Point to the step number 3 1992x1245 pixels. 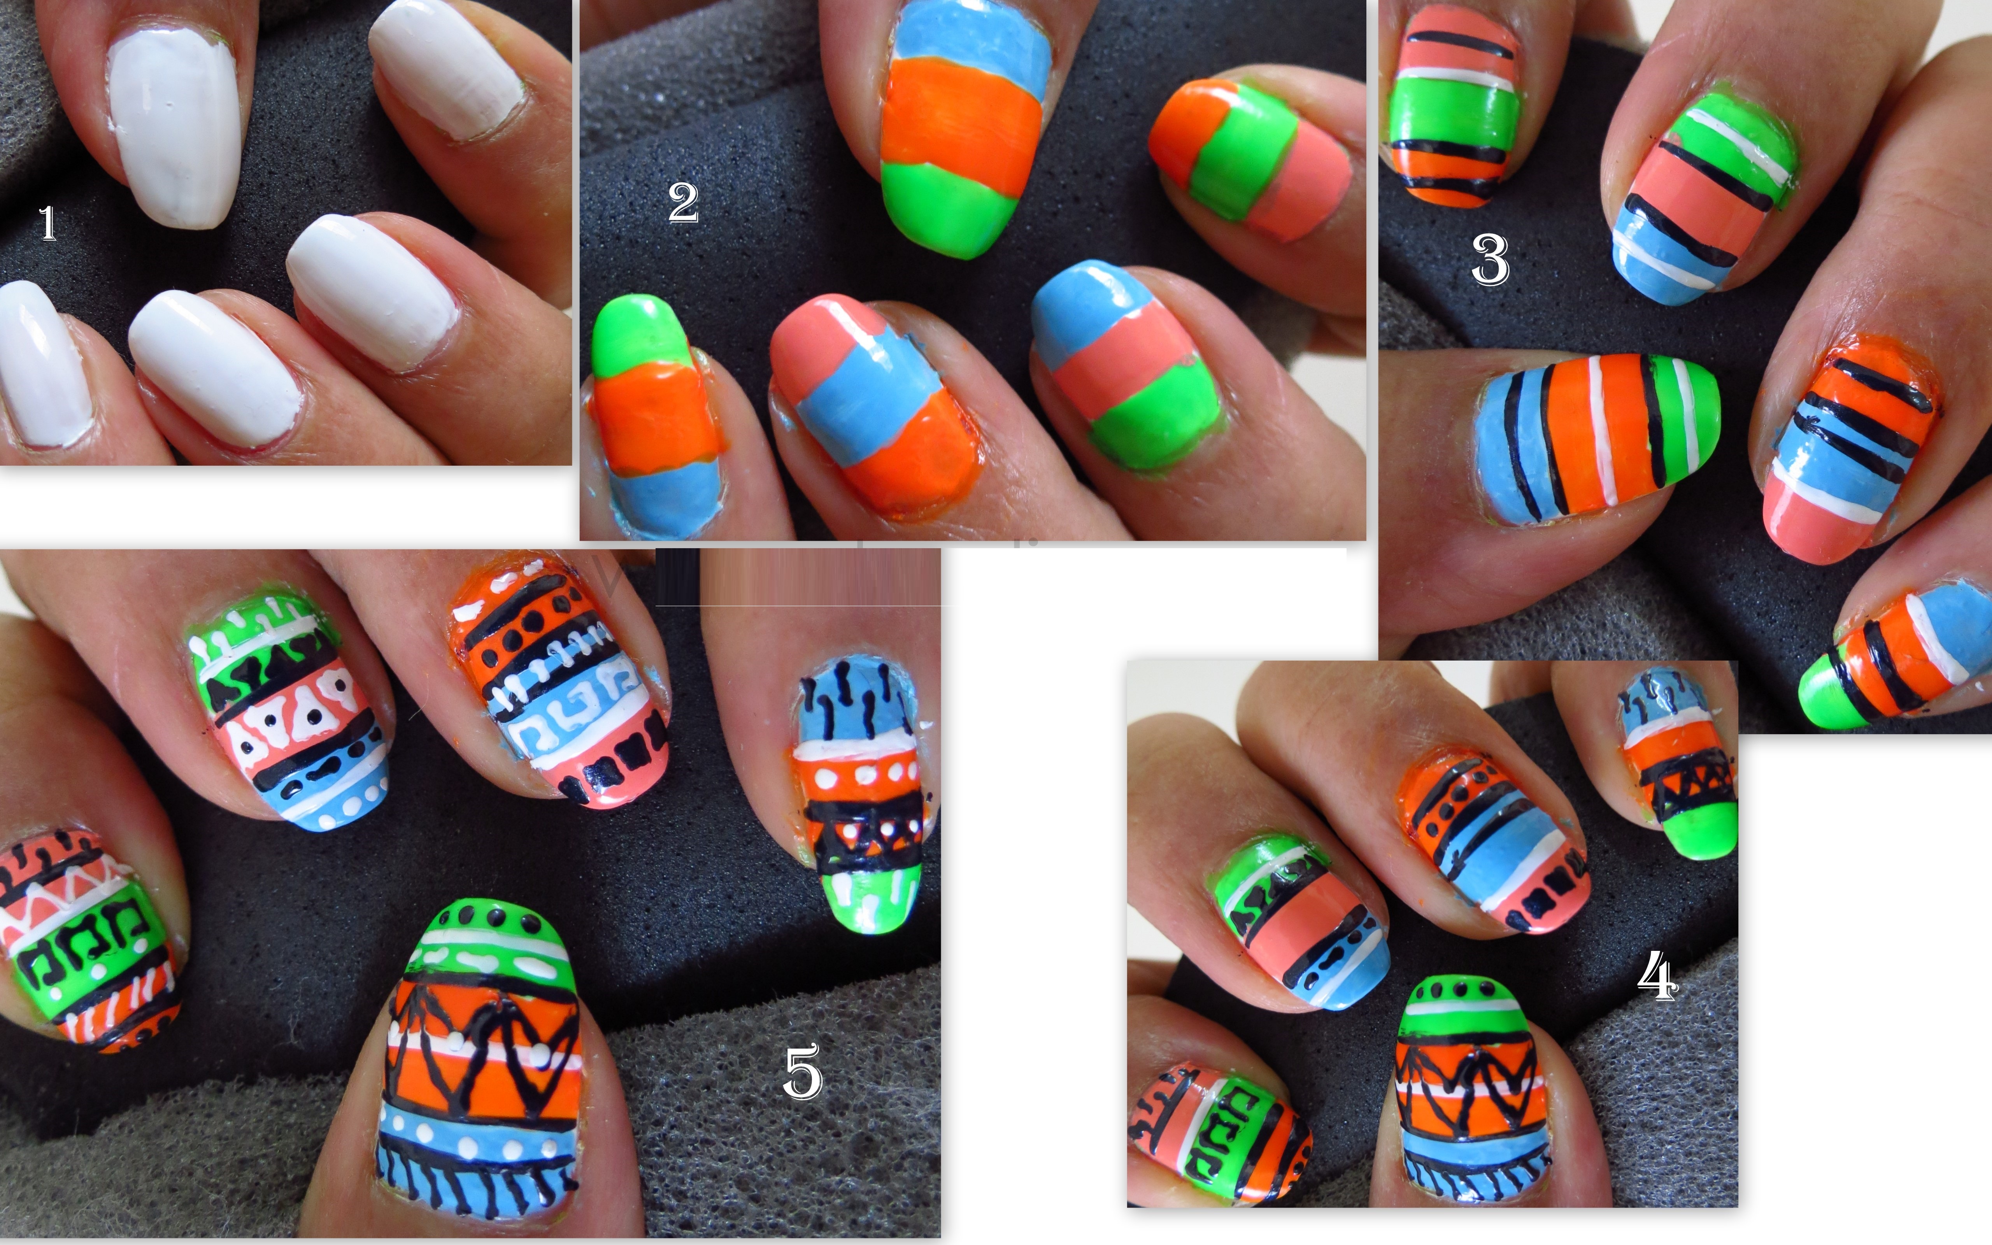click(1490, 260)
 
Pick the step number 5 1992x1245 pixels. click(803, 1070)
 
